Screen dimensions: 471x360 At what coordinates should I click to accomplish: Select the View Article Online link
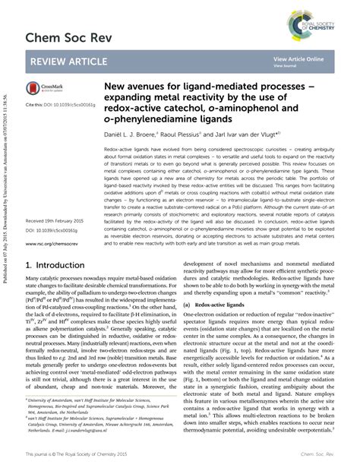pyautogui.click(x=298, y=58)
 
